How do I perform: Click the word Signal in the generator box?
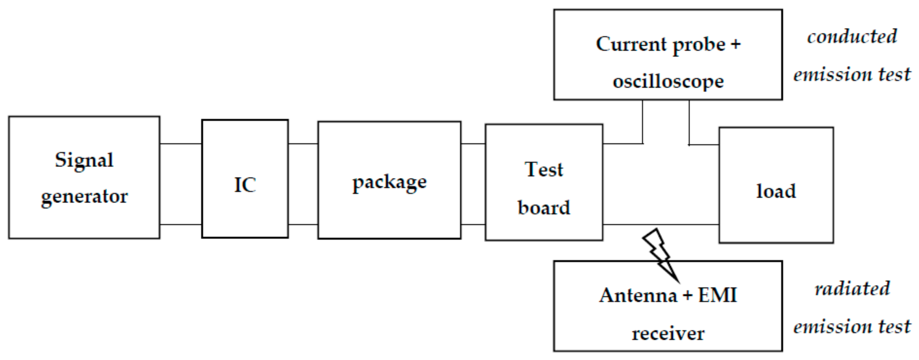point(84,160)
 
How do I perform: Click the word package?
point(389,183)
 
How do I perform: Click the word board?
point(544,208)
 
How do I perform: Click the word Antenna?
point(638,296)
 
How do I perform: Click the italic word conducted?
point(852,36)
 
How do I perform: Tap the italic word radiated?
point(852,288)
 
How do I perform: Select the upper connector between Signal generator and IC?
point(180,144)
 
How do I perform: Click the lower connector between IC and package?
point(303,224)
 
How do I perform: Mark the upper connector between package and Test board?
point(473,144)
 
